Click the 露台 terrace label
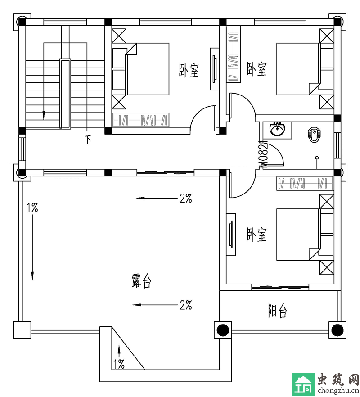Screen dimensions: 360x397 (141, 280)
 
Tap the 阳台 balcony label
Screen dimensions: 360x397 (278, 311)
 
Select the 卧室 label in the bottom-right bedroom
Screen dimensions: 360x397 (256, 235)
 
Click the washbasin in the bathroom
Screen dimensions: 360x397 (278, 129)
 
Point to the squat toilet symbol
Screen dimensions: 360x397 (314, 135)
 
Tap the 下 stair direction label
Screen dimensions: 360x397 (88, 140)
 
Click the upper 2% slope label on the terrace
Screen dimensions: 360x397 (186, 198)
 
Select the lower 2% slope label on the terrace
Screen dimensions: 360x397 (186, 305)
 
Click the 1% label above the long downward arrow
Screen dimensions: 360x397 (32, 208)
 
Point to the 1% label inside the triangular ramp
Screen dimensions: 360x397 (118, 364)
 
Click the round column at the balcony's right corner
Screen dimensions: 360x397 (337, 330)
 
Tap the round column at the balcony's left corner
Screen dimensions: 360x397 (223, 330)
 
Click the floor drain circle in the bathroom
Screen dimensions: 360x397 (317, 158)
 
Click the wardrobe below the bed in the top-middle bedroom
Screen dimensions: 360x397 (140, 120)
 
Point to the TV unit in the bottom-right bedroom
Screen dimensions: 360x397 (231, 235)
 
